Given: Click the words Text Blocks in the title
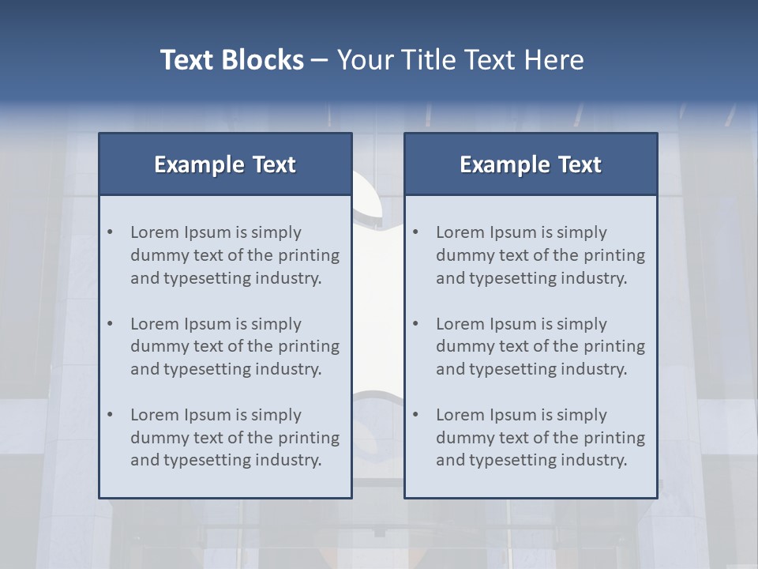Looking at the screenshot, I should [231, 60].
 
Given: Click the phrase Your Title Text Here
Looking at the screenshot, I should [460, 60].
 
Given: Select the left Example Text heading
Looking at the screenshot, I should [225, 164].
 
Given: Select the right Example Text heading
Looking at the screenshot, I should [531, 164].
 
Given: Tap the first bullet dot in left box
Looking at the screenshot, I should [111, 232].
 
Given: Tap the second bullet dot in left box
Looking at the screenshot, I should [111, 324].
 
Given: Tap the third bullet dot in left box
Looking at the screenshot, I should [111, 415].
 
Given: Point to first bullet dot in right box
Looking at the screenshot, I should [416, 232].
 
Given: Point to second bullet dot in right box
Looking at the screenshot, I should [416, 324].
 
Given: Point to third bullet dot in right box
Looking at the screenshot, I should [416, 415].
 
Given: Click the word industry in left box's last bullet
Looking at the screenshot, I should [287, 460].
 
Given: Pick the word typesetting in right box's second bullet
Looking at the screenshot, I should [514, 369].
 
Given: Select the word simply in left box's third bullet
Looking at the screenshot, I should [276, 415].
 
